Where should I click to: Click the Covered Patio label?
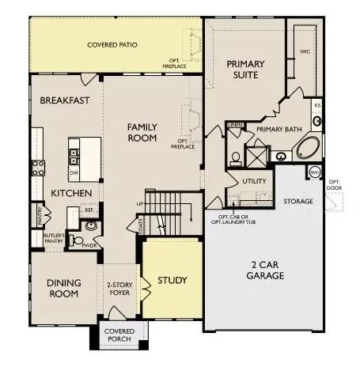pos(112,44)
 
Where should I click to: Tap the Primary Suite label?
pos(245,69)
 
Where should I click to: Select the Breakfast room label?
pos(65,100)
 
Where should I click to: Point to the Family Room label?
pos(142,132)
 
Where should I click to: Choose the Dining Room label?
pos(63,288)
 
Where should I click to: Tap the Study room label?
pos(172,281)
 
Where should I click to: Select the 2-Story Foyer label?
pos(123,288)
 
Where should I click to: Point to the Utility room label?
pos(254,181)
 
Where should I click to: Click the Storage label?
pos(298,202)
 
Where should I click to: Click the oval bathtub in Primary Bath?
pos(306,149)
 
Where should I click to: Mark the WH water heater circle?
pos(315,172)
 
